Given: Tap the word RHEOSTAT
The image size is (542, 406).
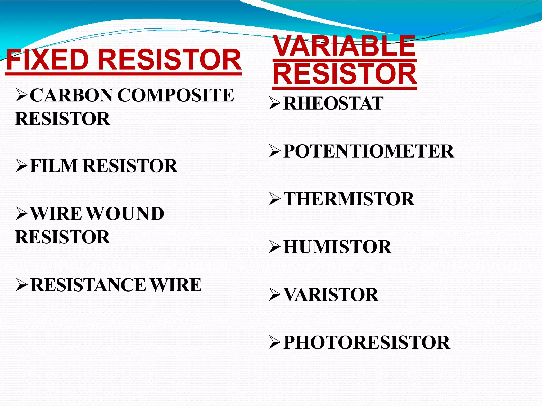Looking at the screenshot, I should tap(333, 103).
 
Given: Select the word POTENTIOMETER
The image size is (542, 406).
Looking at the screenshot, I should tap(369, 151).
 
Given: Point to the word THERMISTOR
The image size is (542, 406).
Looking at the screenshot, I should tap(349, 199).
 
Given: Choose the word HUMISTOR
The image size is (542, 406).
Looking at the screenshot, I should tap(337, 247).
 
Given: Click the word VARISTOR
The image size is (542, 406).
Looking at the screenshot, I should tap(331, 295).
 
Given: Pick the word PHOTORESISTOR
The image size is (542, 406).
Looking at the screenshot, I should tap(367, 343).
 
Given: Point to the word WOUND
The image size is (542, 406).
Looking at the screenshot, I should tap(125, 214).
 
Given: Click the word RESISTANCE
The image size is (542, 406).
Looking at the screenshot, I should tap(88, 285).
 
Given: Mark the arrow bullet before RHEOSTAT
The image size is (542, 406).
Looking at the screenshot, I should tap(275, 103).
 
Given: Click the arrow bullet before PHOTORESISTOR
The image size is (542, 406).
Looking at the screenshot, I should tap(275, 343).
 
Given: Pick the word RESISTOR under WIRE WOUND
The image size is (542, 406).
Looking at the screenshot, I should tap(62, 237).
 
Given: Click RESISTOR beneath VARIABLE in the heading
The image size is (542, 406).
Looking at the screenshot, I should tap(345, 74).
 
